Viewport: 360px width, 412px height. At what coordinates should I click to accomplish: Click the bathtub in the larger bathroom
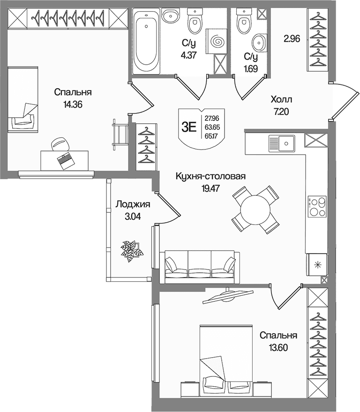[x=146, y=41]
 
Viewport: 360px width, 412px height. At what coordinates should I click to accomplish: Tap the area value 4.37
[x=188, y=55]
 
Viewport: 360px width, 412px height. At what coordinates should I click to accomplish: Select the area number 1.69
[x=250, y=68]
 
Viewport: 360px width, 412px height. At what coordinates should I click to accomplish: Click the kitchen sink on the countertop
[x=282, y=143]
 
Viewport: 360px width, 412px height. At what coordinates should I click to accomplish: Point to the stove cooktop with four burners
[x=317, y=206]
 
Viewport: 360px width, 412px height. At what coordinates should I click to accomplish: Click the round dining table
[x=255, y=210]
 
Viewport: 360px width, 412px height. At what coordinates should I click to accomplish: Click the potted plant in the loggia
[x=131, y=251]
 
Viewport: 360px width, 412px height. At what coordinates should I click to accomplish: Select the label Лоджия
[x=133, y=204]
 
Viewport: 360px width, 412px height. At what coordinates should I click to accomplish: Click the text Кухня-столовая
[x=210, y=176]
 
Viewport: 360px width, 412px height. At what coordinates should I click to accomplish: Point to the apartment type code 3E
[x=189, y=127]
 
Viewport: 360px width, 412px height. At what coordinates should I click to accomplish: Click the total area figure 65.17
[x=212, y=136]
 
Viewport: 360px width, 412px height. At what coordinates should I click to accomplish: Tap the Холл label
[x=281, y=99]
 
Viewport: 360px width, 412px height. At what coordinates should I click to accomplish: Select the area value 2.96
[x=292, y=39]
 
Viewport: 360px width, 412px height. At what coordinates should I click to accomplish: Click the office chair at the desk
[x=60, y=144]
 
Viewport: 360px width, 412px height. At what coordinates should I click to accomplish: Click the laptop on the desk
[x=65, y=160]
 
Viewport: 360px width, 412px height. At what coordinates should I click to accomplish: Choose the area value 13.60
[x=278, y=348]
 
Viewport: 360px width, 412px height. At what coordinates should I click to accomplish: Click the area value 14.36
[x=73, y=105]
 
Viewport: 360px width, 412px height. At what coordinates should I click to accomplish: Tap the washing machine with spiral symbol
[x=216, y=42]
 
